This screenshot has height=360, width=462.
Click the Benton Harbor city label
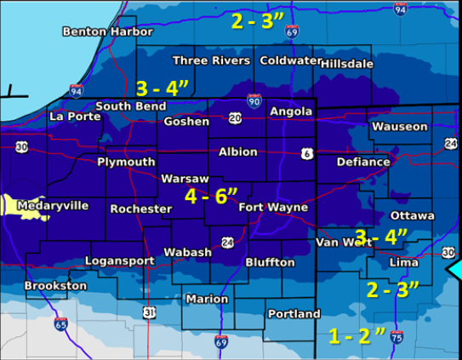pyautogui.click(x=108, y=31)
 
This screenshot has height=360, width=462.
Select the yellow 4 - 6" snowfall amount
pyautogui.click(x=212, y=196)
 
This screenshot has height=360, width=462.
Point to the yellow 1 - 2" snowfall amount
pyautogui.click(x=357, y=335)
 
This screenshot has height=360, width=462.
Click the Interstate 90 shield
pyautogui.click(x=254, y=100)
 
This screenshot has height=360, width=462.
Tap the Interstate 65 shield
pyautogui.click(x=60, y=323)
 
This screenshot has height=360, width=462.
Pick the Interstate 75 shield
pyautogui.click(x=396, y=338)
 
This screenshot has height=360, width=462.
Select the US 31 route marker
pyautogui.click(x=149, y=314)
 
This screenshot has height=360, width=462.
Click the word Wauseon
pyautogui.click(x=399, y=127)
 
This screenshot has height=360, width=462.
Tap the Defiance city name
pyautogui.click(x=363, y=161)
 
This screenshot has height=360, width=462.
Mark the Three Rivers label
pyautogui.click(x=211, y=60)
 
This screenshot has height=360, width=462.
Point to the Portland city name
pyautogui.click(x=294, y=314)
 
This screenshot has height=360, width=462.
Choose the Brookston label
pyautogui.click(x=55, y=286)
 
